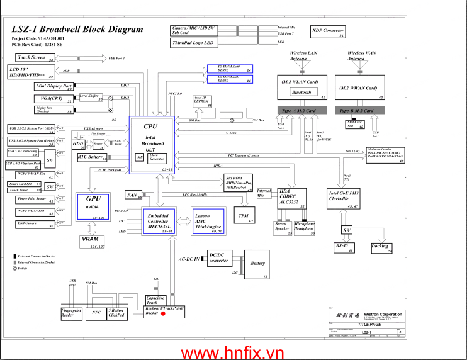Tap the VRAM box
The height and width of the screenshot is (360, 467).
(93, 242)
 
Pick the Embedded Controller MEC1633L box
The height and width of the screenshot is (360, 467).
(157, 221)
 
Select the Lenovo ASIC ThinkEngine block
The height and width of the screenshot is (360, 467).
(208, 222)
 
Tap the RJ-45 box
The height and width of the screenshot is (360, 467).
(344, 248)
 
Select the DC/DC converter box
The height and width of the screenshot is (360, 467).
(218, 258)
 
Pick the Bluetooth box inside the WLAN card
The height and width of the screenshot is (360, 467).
(301, 92)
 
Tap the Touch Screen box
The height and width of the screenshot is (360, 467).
(31, 57)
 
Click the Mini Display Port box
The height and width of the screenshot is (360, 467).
(54, 86)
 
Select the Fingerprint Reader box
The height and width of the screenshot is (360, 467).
(71, 313)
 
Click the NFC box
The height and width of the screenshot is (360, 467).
(96, 312)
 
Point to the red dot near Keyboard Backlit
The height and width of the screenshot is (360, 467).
(163, 313)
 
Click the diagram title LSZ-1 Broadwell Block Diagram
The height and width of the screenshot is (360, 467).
(77, 29)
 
